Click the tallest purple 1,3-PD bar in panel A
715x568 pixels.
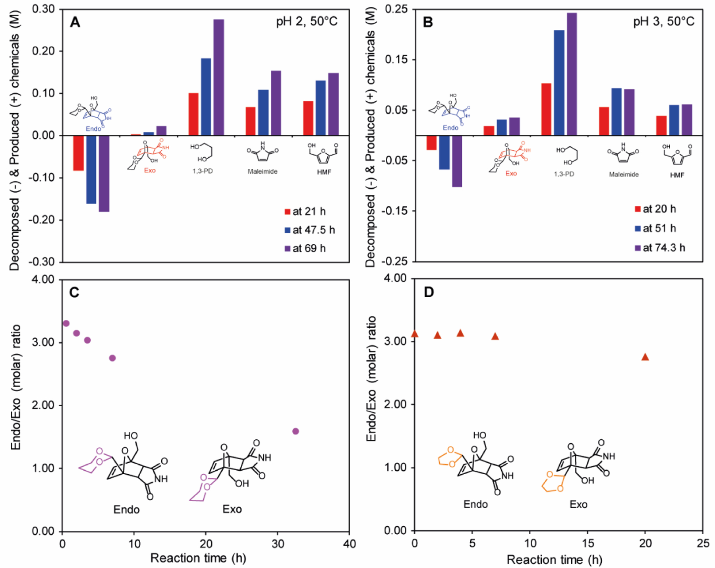click(219, 77)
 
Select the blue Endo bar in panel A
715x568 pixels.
click(91, 170)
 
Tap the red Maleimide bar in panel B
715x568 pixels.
click(604, 122)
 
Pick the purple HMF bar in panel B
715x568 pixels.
click(687, 120)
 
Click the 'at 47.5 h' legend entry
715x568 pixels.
click(310, 230)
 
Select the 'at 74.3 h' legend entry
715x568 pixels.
click(660, 248)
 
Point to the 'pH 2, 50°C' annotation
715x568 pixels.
click(307, 21)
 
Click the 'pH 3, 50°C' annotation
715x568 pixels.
click(664, 21)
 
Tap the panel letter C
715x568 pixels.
click(74, 293)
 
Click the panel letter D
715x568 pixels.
click(429, 292)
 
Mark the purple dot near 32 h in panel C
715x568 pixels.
click(296, 431)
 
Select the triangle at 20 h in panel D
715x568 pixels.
click(645, 357)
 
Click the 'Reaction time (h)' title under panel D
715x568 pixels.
click(555, 560)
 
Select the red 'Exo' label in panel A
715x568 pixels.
click(150, 170)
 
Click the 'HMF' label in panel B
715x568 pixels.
click(677, 175)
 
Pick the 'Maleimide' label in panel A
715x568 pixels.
click(263, 172)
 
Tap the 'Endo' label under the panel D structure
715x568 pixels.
click(475, 504)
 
